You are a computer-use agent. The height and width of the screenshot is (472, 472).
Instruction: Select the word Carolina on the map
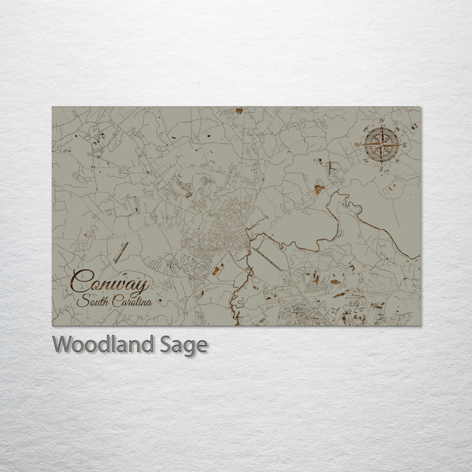(132, 302)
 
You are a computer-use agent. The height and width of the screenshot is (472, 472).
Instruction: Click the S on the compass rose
(382, 168)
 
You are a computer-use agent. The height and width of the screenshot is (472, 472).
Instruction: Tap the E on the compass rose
(404, 145)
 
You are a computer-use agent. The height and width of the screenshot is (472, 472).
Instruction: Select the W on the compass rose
(359, 145)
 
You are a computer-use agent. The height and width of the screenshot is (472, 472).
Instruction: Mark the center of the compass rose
(382, 145)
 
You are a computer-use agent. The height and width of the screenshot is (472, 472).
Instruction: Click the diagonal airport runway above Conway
(121, 251)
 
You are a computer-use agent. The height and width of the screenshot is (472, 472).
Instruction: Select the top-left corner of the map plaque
(52, 107)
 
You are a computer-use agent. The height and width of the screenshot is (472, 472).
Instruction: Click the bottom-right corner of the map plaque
(420, 326)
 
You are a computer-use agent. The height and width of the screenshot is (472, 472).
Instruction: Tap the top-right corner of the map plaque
(420, 107)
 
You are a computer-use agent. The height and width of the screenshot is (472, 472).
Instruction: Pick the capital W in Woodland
(62, 344)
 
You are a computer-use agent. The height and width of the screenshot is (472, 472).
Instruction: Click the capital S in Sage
(174, 344)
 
